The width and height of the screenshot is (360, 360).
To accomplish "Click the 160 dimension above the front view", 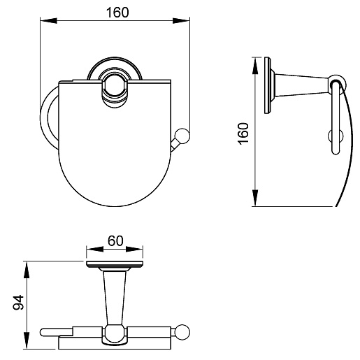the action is point(117,13).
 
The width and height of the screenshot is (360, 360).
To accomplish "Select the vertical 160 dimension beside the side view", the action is point(243,134).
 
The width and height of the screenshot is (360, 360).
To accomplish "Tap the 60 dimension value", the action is point(115,240).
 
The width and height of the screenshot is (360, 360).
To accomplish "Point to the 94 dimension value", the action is point(18,302).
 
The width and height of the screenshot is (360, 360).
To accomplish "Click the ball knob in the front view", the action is point(182,136).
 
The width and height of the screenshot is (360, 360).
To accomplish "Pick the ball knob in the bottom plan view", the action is point(182,332).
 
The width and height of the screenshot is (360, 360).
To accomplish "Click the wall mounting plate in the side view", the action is point(268,85).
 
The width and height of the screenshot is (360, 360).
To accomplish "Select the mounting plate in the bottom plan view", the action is point(115,264).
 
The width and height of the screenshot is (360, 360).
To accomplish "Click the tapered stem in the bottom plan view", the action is point(115,298).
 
